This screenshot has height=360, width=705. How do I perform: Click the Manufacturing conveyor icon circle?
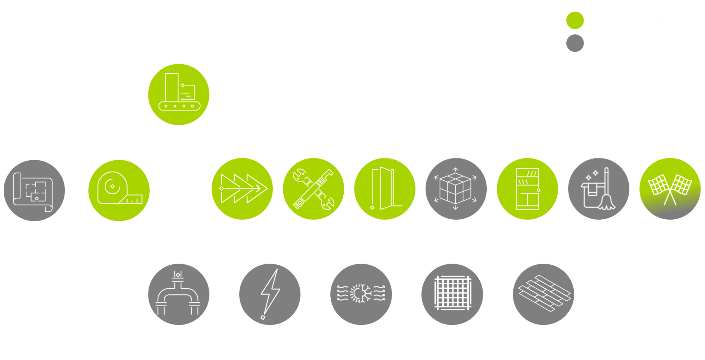click(179, 94)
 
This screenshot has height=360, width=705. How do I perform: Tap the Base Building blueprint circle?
click(34, 190)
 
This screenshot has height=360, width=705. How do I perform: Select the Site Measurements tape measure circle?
click(119, 190)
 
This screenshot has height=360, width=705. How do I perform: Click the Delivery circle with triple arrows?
click(242, 189)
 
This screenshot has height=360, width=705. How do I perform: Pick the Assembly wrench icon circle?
click(313, 189)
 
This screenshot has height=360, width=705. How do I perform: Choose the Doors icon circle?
click(385, 189)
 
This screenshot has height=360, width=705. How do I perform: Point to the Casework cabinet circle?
click(527, 189)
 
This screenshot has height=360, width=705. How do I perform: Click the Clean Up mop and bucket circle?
click(599, 189)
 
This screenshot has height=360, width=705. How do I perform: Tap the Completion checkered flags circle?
click(670, 189)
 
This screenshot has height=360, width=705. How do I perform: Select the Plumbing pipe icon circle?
click(179, 294)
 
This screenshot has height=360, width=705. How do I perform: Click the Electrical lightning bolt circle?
click(270, 294)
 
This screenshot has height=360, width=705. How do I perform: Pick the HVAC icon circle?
click(361, 294)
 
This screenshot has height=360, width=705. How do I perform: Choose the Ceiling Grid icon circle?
click(452, 294)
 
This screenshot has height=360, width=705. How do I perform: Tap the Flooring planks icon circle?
click(544, 294)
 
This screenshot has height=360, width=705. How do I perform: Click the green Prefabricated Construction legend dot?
click(575, 20)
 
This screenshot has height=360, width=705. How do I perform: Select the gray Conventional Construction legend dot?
click(575, 43)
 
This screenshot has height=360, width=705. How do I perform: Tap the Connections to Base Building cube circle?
click(456, 189)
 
